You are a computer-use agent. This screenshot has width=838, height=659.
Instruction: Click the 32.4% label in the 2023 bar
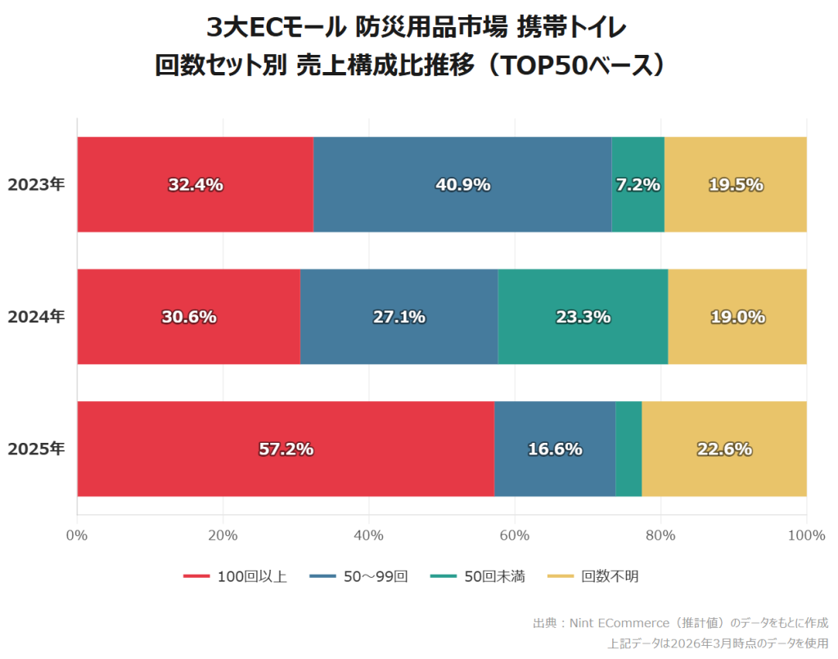(196, 185)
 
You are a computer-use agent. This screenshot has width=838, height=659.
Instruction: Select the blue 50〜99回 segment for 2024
(399, 317)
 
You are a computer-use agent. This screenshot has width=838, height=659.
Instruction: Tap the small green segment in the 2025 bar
(628, 449)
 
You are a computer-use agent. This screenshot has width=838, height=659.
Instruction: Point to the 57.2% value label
(286, 449)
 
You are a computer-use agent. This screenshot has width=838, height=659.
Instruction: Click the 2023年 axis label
(36, 185)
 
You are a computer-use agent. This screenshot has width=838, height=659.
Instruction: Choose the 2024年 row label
(36, 317)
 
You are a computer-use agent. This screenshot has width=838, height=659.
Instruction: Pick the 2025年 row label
(36, 449)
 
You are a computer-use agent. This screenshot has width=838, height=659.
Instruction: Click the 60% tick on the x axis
(515, 535)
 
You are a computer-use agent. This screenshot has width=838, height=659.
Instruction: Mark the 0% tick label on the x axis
(77, 535)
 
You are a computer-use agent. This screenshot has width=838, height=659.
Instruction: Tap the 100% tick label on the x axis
(806, 535)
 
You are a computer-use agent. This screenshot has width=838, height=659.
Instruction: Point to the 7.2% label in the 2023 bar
(638, 185)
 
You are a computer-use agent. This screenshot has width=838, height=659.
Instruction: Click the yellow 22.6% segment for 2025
(724, 449)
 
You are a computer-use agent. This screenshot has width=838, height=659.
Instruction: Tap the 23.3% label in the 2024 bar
(583, 317)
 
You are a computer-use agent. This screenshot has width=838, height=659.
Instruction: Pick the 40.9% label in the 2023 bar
(462, 185)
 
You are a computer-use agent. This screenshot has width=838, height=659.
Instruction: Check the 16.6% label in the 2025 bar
(555, 449)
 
